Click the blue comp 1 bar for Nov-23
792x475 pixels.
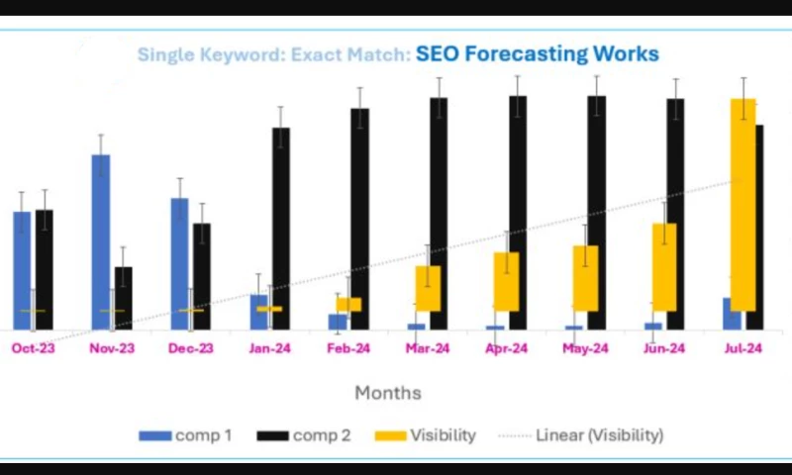[x=101, y=241]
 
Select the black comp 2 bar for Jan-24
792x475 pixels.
[x=281, y=228]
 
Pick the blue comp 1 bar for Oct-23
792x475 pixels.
[x=22, y=269]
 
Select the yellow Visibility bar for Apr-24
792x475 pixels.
[x=506, y=281]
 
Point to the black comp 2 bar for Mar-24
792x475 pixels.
[x=439, y=213]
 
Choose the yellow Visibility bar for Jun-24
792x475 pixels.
[x=664, y=267]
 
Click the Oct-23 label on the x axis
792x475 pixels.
[x=33, y=348]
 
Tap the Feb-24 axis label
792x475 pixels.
[x=348, y=348]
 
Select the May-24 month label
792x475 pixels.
[x=585, y=348]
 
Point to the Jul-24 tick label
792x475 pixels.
[x=742, y=348]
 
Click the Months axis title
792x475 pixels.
[x=388, y=393]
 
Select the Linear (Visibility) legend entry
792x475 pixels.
[x=584, y=435]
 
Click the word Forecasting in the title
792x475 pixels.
[x=524, y=53]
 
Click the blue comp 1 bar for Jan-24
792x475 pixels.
[x=258, y=312]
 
